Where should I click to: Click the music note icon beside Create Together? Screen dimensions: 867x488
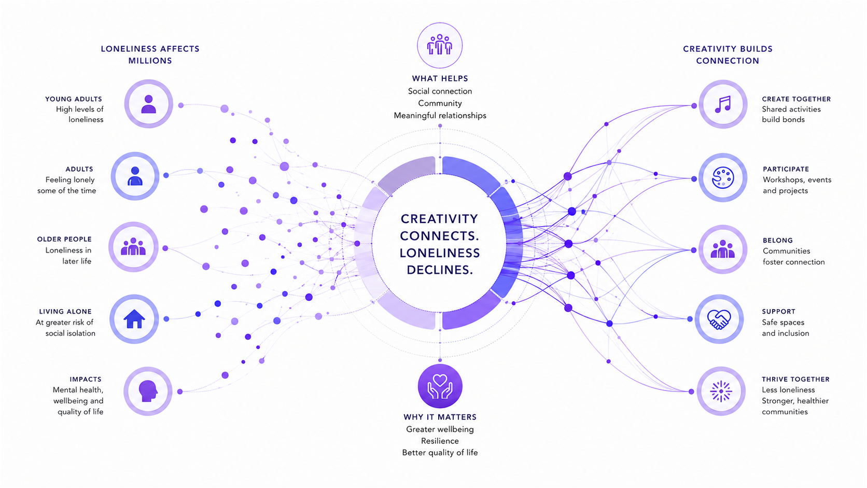[723, 104]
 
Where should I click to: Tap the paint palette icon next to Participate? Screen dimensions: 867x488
[723, 178]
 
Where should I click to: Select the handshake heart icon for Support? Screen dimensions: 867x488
[719, 319]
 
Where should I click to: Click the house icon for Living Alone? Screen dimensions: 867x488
[134, 319]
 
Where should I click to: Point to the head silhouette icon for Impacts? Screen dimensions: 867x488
[148, 391]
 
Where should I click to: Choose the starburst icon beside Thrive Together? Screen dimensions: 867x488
[721, 391]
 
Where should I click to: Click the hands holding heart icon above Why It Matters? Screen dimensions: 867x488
[440, 386]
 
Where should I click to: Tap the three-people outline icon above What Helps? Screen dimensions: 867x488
[440, 45]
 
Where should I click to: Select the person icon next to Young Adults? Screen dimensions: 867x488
[149, 104]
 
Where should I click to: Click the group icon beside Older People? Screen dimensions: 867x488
[133, 246]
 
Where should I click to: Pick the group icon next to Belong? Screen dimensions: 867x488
[723, 249]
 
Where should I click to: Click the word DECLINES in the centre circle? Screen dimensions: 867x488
[440, 270]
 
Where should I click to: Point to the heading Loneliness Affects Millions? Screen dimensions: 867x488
[150, 54]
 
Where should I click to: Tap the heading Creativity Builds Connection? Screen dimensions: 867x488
[728, 54]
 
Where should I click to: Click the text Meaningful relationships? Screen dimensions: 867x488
[440, 116]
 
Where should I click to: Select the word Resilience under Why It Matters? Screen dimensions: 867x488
[440, 441]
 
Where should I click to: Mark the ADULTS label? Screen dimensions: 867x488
[79, 169]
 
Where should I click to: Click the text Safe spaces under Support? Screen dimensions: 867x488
[783, 323]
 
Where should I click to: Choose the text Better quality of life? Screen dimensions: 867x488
[440, 453]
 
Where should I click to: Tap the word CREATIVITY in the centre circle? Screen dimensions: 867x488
[439, 219]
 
